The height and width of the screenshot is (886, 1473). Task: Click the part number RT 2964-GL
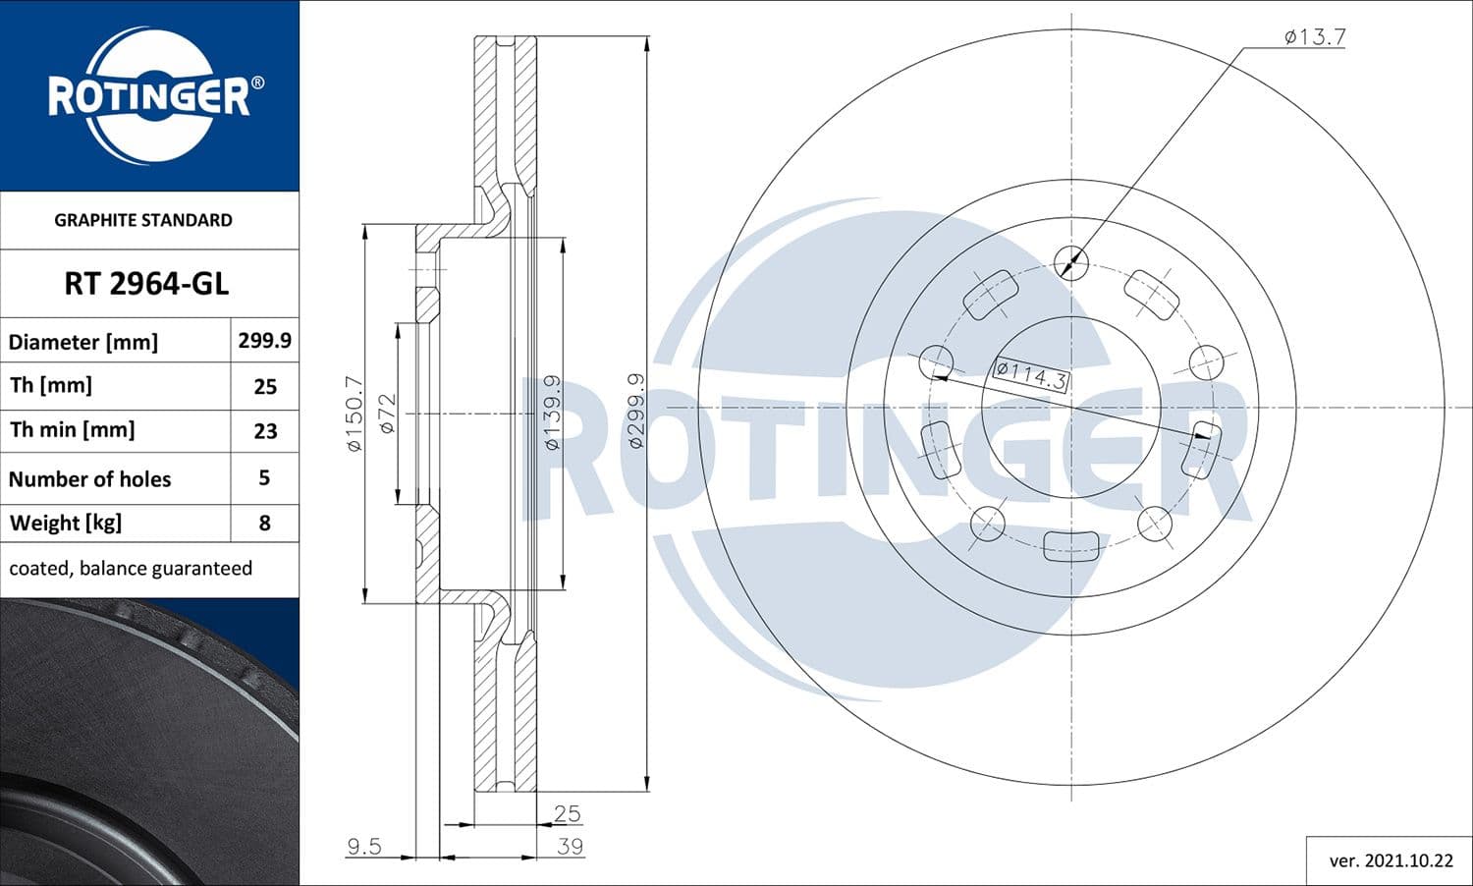point(146,283)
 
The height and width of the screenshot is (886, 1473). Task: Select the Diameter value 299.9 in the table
point(264,340)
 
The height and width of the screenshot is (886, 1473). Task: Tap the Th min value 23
point(265,430)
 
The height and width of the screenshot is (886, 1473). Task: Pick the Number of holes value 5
point(264,478)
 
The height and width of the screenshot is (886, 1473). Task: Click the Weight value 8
point(264,523)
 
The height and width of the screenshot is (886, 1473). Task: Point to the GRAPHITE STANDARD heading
point(143,220)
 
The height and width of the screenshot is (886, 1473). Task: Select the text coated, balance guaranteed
point(131,568)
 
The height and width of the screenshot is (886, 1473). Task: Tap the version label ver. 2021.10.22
point(1391,860)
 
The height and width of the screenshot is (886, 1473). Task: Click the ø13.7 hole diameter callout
point(1315,37)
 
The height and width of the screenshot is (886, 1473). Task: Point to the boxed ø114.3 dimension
point(1030,374)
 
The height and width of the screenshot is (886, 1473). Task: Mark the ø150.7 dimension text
point(355,414)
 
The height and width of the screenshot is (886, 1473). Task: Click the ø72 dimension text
point(387,414)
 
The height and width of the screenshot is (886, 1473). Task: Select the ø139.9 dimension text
point(553,412)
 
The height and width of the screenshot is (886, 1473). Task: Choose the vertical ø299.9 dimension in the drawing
point(635,412)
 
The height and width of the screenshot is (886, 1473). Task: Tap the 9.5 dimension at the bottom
point(363,846)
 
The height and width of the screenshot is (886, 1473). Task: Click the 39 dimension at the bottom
point(570,846)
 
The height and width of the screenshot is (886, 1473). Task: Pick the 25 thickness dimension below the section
point(567,813)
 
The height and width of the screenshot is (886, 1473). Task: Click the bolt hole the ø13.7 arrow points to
point(1070,261)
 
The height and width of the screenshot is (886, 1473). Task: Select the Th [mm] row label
point(50,385)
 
